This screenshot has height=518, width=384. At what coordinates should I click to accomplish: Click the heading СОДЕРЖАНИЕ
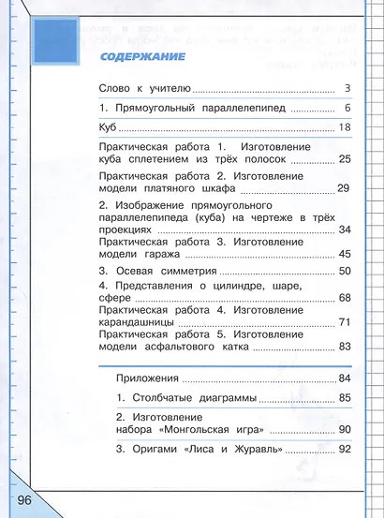pyautogui.click(x=141, y=58)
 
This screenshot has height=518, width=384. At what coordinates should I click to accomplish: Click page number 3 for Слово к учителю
pyautogui.click(x=346, y=89)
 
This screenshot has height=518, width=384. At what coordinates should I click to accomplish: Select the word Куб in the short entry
pyautogui.click(x=108, y=127)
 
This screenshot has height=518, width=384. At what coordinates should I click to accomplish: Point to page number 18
pyautogui.click(x=344, y=127)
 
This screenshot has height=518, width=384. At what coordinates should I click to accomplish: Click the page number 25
pyautogui.click(x=344, y=161)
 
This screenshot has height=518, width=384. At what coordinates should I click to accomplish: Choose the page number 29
pyautogui.click(x=344, y=188)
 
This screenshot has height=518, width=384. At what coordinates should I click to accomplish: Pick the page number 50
pyautogui.click(x=344, y=271)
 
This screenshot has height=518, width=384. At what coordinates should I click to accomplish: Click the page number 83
pyautogui.click(x=344, y=347)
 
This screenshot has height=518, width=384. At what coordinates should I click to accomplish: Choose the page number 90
pyautogui.click(x=344, y=429)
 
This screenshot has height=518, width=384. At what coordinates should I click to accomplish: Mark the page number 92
pyautogui.click(x=344, y=450)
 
